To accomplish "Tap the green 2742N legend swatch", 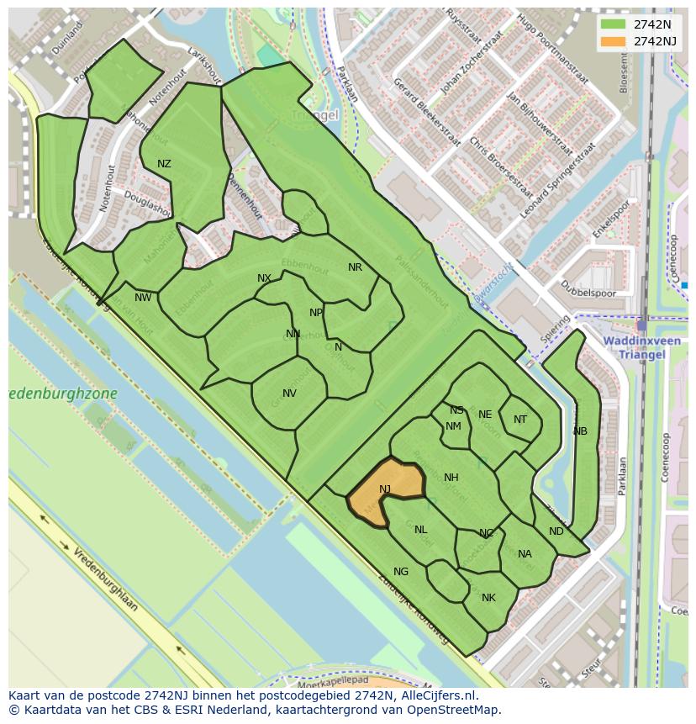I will point(614,24).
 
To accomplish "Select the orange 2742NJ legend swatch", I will point(614,41).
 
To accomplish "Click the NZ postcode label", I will point(164,164).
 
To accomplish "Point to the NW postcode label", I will point(144,297).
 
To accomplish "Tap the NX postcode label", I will point(264,278).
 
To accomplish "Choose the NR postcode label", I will point(355,267).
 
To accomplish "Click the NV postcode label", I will point(289,394).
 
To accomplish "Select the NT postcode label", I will point(520,420).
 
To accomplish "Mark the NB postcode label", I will point(580,431).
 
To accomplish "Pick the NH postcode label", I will point(451,478).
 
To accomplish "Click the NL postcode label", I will point(421,530).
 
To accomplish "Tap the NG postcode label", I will point(401,572).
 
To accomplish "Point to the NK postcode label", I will point(488,598).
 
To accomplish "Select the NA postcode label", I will point(525,554).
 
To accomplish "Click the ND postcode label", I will point(556,531).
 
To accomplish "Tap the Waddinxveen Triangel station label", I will point(634,348).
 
